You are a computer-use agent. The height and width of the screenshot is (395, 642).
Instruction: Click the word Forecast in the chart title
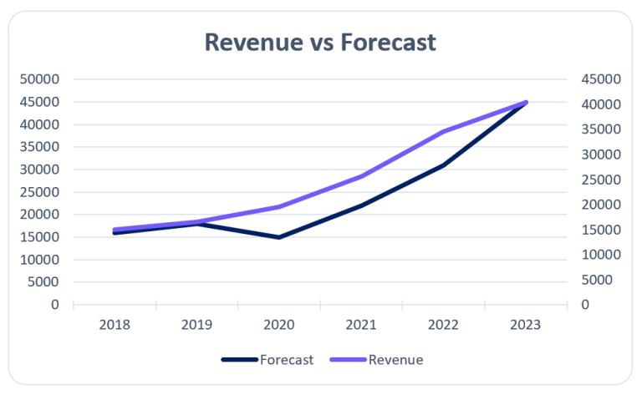tap(389, 42)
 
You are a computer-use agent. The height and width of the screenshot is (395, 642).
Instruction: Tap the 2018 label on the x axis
tap(115, 325)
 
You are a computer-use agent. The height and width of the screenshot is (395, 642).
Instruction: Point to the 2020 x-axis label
tap(279, 325)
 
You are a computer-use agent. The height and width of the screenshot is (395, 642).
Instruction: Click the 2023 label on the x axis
tap(526, 325)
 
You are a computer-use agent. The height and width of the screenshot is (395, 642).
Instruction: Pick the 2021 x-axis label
tap(361, 325)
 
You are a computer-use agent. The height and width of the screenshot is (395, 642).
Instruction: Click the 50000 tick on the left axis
tap(43, 79)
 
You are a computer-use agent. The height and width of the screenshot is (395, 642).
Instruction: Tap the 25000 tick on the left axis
tap(43, 192)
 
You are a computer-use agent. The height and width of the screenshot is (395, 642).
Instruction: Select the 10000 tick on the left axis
tap(43, 260)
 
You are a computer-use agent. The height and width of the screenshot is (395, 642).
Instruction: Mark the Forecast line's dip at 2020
tap(279, 237)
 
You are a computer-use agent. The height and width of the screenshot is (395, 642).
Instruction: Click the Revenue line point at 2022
tap(443, 131)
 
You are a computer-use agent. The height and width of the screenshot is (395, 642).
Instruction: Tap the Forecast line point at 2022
tap(443, 165)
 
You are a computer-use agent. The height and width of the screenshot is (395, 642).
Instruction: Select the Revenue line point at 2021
tap(361, 176)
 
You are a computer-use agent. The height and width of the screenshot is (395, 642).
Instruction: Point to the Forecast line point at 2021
tap(361, 205)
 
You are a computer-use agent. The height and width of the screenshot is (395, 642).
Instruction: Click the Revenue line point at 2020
tap(279, 206)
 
